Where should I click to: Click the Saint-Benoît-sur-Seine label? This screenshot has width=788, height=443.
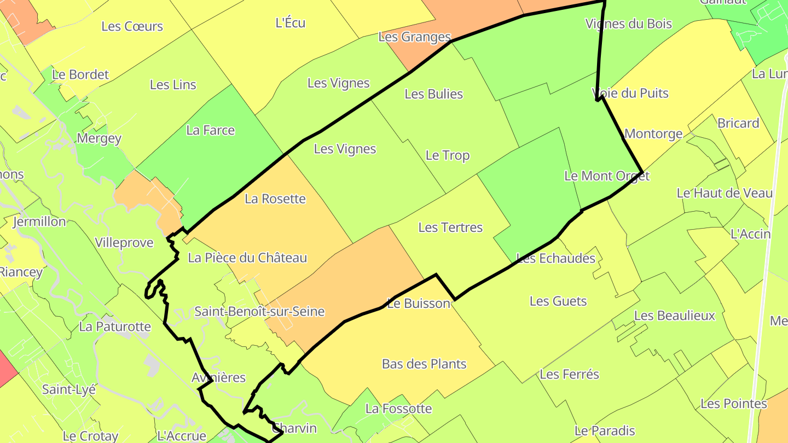259,312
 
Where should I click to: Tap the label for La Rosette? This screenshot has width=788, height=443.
275,199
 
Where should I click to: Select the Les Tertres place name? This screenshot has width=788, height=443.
450,227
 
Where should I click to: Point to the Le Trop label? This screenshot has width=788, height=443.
447,155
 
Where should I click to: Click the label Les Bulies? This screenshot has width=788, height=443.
433,94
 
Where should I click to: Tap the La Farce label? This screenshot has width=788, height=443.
210,130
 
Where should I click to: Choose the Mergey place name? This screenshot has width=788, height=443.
99,138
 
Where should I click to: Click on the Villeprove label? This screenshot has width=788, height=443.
124,243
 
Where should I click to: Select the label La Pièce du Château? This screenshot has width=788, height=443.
247,258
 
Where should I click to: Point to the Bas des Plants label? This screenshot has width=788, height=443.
424,364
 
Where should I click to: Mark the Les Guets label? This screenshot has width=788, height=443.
558,301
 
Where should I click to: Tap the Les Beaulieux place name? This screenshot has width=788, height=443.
674,316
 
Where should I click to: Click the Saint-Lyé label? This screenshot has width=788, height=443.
69,389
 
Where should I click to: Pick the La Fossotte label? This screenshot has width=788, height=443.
398,409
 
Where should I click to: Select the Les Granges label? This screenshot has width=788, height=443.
414,37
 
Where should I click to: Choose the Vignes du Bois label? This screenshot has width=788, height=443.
628,24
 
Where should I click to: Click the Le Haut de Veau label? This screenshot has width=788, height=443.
725,193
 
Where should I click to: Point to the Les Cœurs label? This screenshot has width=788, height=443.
132,26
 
